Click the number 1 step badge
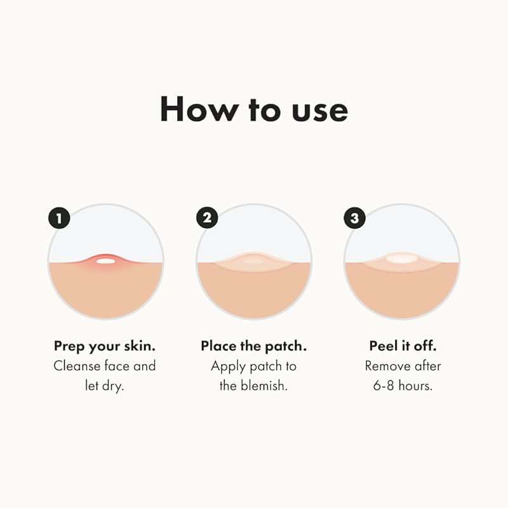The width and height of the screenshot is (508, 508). (59, 219)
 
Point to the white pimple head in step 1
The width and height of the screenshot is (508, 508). (106, 260)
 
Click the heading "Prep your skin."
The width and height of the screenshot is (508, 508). (105, 347)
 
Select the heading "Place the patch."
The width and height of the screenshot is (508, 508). (253, 346)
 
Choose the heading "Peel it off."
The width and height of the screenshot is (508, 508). (402, 346)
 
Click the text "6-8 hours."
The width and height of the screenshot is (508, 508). (403, 385)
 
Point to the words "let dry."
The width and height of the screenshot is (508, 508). (105, 385)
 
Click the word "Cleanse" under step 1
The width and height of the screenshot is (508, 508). (77, 366)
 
